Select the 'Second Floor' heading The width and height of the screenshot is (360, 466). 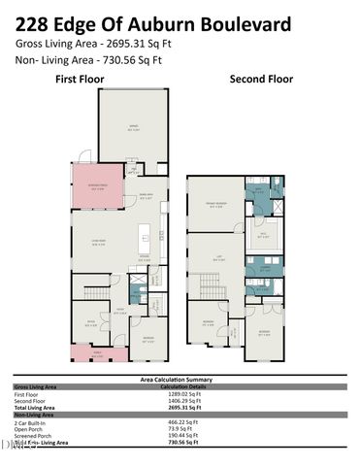[x=260, y=79]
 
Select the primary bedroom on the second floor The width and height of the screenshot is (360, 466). [x=215, y=205]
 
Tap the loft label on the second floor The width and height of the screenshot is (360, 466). [x=219, y=258]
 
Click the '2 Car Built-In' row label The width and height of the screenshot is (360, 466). [x=28, y=423]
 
